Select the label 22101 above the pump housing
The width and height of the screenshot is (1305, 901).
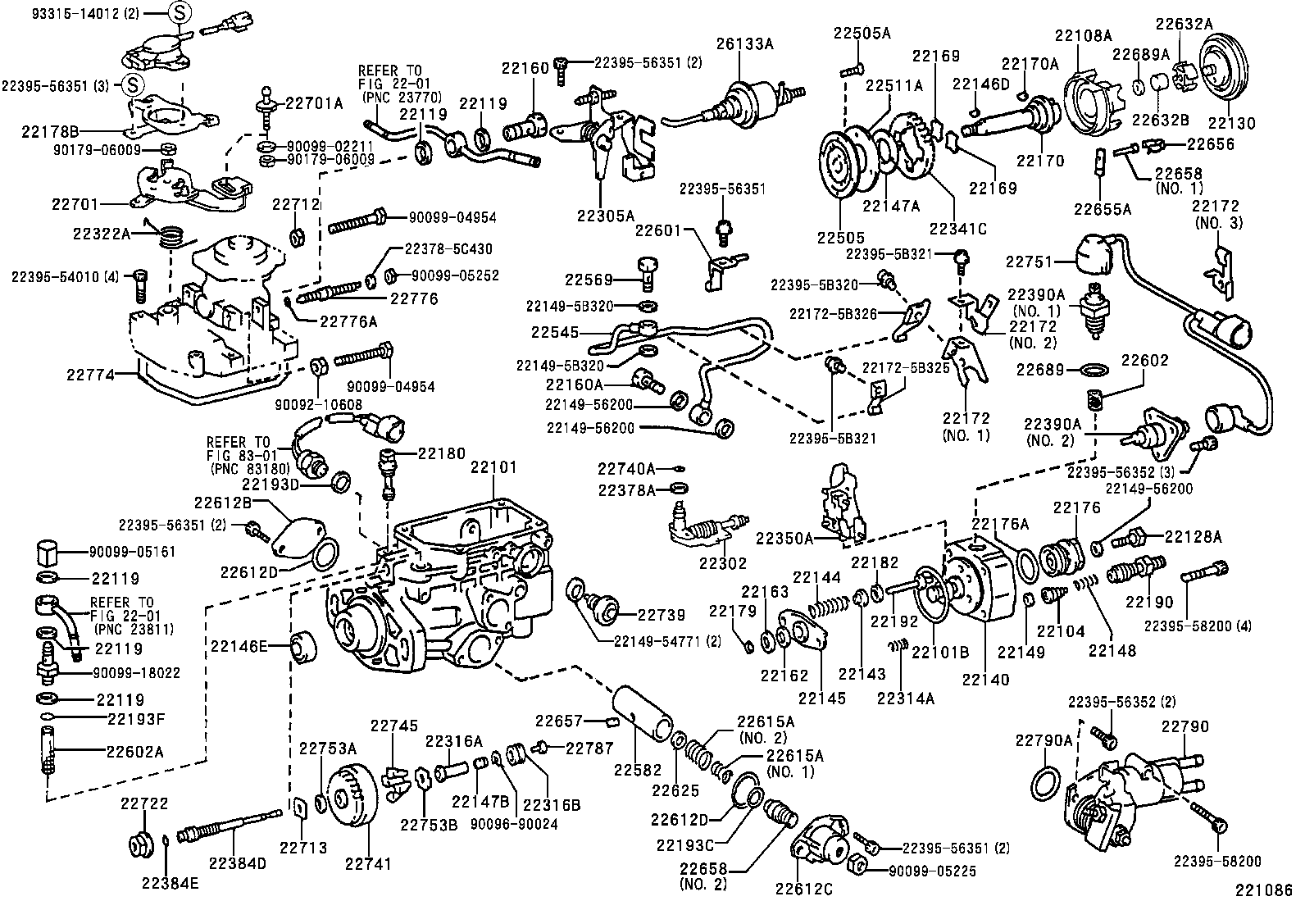click(x=493, y=468)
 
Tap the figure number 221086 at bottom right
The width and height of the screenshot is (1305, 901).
click(x=1268, y=888)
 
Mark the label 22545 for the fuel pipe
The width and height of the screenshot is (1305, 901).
click(x=556, y=333)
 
